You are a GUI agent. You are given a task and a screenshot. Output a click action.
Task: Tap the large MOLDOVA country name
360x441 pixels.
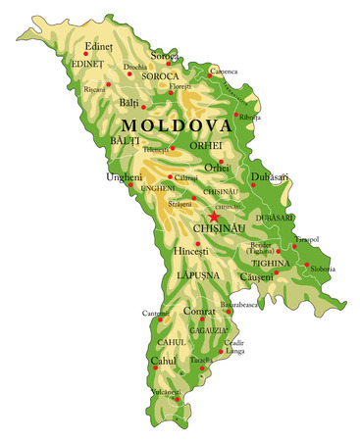[x=177, y=126]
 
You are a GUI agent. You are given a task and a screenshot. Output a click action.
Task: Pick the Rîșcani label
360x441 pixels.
[x=94, y=88]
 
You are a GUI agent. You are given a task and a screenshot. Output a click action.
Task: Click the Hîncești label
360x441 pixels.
[x=191, y=251]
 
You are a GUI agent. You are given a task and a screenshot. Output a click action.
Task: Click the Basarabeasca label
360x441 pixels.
[x=238, y=305]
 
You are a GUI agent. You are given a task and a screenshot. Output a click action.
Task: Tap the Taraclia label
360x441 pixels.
[x=200, y=361]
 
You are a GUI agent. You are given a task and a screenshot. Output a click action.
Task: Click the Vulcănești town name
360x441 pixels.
[x=164, y=391]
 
